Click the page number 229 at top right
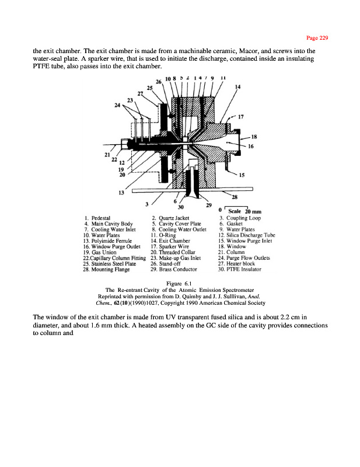pyautogui.click(x=320, y=39)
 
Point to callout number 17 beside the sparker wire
pyautogui.click(x=240, y=116)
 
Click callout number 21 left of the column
pyautogui.click(x=107, y=155)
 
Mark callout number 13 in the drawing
pyautogui.click(x=121, y=191)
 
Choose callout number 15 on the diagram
pyautogui.click(x=241, y=175)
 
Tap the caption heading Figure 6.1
pyautogui.click(x=179, y=284)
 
